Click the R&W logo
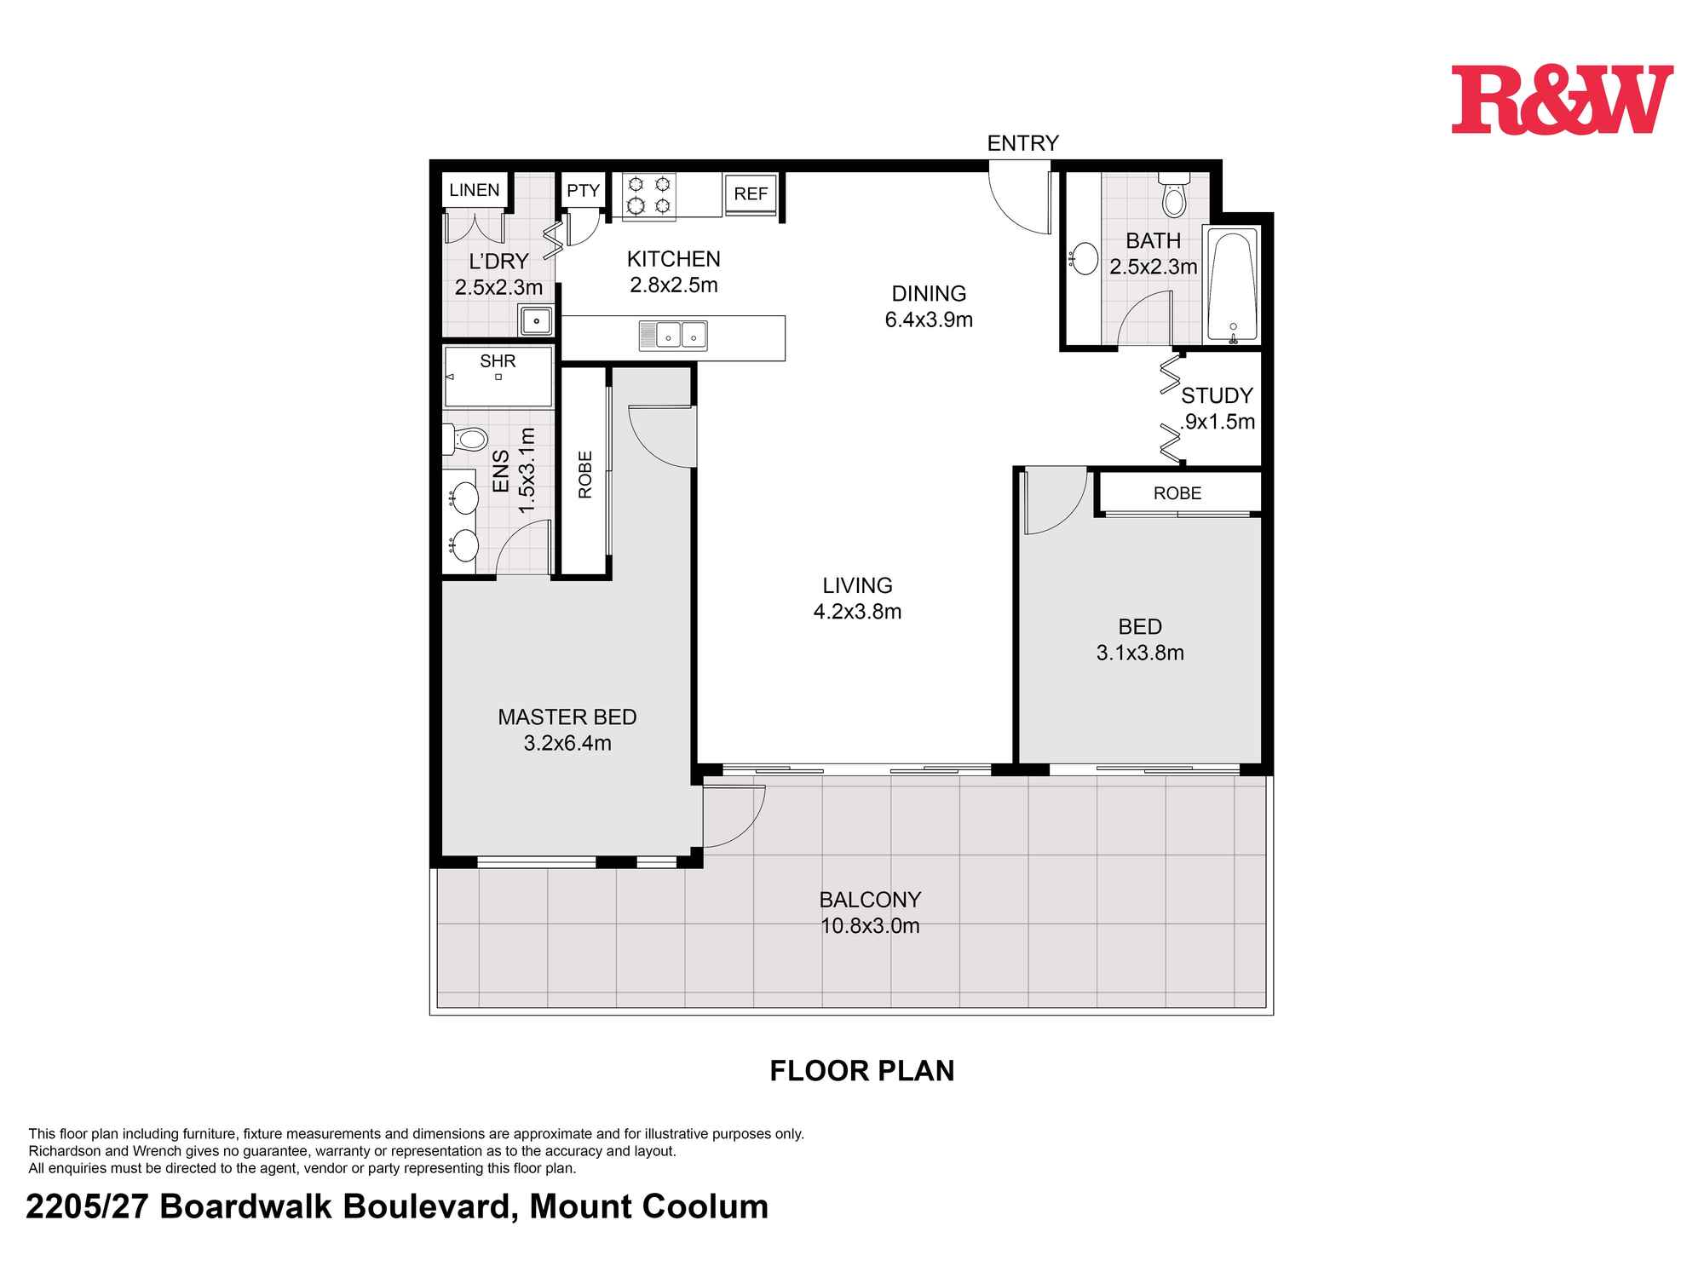pyautogui.click(x=1562, y=100)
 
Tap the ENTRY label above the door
pyautogui.click(x=1022, y=143)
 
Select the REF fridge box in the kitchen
pyautogui.click(x=751, y=194)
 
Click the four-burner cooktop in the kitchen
pyautogui.click(x=649, y=196)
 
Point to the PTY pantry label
pyautogui.click(x=584, y=191)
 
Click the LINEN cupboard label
pyautogui.click(x=475, y=190)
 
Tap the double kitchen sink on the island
pyautogui.click(x=673, y=336)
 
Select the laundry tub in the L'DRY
pyautogui.click(x=537, y=321)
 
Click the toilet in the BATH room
pyautogui.click(x=1174, y=199)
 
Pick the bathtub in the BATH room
pyautogui.click(x=1232, y=285)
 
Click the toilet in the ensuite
pyautogui.click(x=464, y=440)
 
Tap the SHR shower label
pyautogui.click(x=498, y=361)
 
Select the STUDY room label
pyautogui.click(x=1217, y=395)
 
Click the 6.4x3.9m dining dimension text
pyautogui.click(x=929, y=320)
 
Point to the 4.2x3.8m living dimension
pyautogui.click(x=857, y=612)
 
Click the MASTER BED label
pyautogui.click(x=567, y=717)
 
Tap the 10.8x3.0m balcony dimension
pyautogui.click(x=870, y=926)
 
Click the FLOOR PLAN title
pyautogui.click(x=862, y=1071)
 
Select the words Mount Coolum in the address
pyautogui.click(x=649, y=1207)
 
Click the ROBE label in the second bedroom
pyautogui.click(x=1177, y=493)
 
